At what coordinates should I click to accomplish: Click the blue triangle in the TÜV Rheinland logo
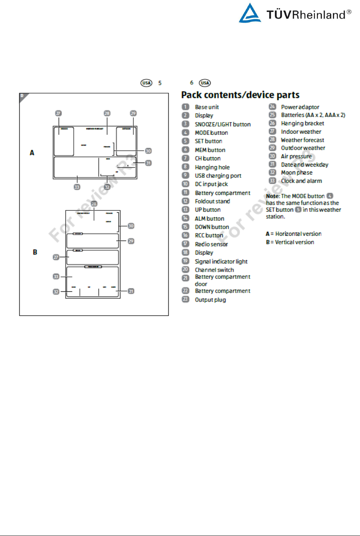tap(250, 14)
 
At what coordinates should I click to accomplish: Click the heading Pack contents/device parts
tap(240, 95)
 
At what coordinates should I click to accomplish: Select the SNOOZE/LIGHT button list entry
tap(223, 124)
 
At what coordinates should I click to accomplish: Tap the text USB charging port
tap(218, 176)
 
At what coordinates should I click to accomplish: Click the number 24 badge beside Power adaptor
tap(272, 107)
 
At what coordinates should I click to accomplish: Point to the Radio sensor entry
tap(211, 244)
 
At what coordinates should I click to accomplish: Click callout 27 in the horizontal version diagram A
tap(58, 113)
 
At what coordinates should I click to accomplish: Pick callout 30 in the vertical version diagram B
tap(131, 226)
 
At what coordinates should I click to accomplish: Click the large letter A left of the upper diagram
tap(32, 153)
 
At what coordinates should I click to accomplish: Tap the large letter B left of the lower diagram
tap(35, 252)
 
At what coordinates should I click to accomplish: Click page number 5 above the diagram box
tap(160, 83)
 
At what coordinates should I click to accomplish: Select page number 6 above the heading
tap(192, 82)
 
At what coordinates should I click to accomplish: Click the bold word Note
tap(272, 196)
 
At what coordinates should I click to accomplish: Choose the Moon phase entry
tap(296, 173)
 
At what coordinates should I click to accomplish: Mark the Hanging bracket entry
tap(302, 123)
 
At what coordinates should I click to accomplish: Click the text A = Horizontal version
tap(293, 234)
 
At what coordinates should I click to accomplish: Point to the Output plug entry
tap(210, 300)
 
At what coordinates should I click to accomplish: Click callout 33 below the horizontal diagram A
tap(77, 187)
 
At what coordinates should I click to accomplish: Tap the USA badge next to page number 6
tap(205, 83)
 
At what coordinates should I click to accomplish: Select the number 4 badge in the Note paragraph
tap(330, 196)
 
